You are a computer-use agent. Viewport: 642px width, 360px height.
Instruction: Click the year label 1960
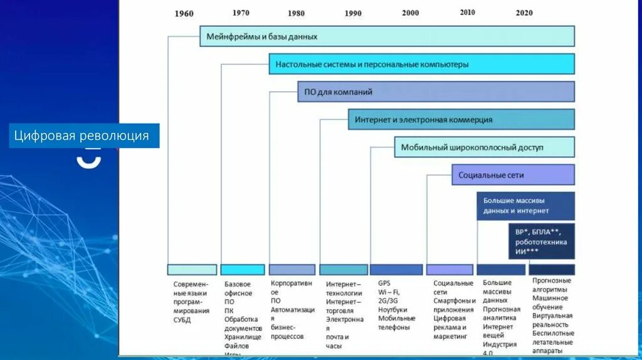tap(184, 14)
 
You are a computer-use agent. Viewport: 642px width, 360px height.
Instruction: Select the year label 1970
tap(241, 13)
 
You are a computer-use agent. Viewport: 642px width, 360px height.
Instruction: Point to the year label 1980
tap(296, 13)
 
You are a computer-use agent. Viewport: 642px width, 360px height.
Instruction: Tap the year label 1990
tap(353, 13)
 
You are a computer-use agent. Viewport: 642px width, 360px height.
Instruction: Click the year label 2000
tap(411, 13)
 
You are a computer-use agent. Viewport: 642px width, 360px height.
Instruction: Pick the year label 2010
tap(467, 12)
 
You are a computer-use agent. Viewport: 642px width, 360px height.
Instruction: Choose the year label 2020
tap(524, 13)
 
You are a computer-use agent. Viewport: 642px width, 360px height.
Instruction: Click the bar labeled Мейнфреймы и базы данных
tap(387, 36)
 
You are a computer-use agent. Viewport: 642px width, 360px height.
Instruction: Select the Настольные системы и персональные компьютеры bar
tap(421, 64)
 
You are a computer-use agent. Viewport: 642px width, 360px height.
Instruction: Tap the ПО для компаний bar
tap(436, 92)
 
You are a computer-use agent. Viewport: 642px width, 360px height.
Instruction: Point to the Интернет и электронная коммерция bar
tap(461, 119)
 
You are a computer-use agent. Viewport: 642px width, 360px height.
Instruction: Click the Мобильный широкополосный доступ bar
tap(483, 147)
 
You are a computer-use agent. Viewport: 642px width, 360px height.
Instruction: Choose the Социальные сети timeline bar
tap(512, 175)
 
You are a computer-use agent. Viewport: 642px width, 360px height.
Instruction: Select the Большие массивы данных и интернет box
tap(525, 206)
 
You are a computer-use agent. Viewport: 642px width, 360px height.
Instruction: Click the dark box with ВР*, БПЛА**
tap(541, 241)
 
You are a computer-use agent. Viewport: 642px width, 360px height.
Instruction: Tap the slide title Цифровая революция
tap(84, 135)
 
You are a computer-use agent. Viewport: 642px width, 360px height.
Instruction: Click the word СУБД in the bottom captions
tap(182, 320)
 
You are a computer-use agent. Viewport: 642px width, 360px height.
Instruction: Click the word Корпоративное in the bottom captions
tap(291, 287)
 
